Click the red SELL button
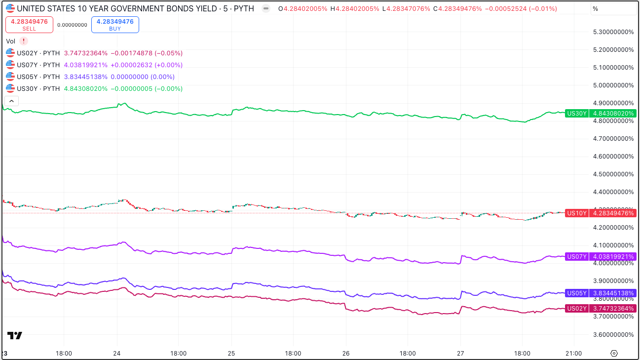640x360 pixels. (29, 25)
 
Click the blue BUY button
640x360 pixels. (115, 25)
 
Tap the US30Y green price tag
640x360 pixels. (601, 114)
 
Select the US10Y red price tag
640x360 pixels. (601, 213)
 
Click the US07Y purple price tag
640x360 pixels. (601, 256)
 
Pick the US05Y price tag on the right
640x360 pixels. (601, 293)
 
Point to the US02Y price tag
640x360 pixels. (601, 309)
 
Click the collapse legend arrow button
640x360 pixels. (12, 101)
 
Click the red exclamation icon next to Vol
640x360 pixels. (23, 41)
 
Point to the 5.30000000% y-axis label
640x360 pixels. (613, 32)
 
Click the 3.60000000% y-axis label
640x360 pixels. (613, 334)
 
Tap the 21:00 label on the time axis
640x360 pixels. (574, 354)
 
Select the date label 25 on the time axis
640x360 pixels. (231, 354)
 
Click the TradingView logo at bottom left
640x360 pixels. (15, 335)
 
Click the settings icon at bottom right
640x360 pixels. (614, 354)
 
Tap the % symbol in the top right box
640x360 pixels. (596, 9)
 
